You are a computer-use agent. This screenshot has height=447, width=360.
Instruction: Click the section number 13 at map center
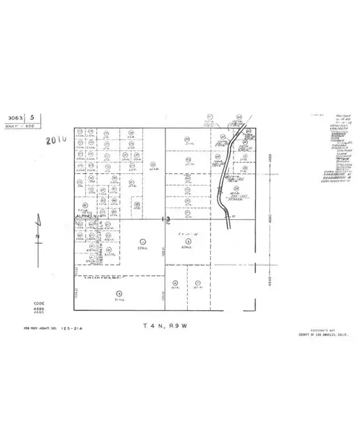(167, 219)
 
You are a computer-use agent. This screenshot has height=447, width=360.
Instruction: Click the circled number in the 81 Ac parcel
(119, 293)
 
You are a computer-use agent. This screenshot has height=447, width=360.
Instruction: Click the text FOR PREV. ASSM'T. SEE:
(39, 328)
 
